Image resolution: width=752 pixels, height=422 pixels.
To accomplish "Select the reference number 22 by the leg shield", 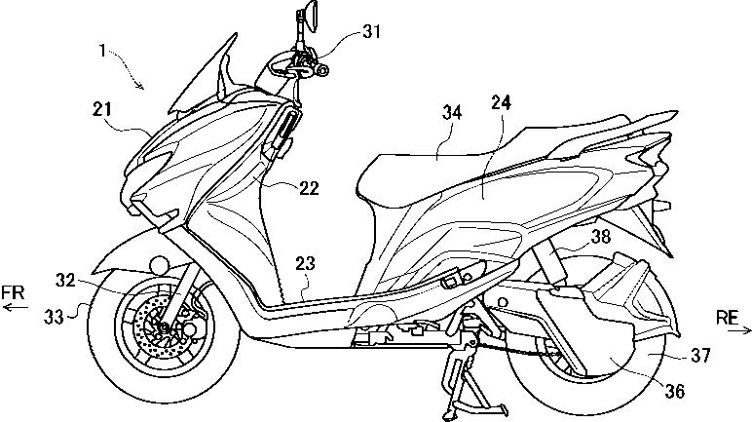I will coord(308,188).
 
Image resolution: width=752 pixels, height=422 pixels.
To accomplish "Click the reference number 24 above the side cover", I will coord(502,102).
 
